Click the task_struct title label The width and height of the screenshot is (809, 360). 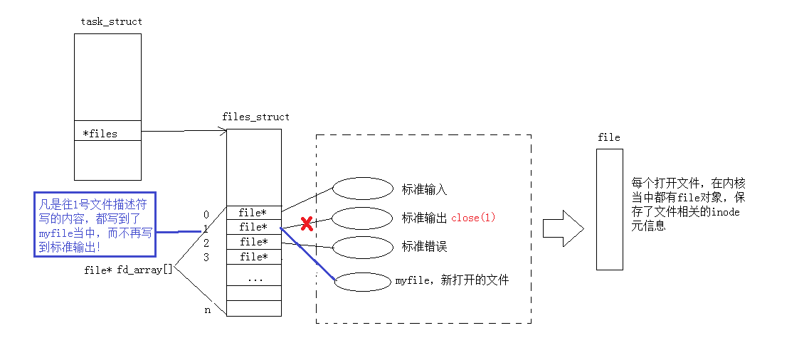(x=111, y=21)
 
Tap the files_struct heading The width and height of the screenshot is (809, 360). (x=255, y=117)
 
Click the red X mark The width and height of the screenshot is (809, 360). (x=307, y=224)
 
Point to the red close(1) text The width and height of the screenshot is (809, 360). (x=473, y=218)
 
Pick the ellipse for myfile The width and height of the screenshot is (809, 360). (x=363, y=282)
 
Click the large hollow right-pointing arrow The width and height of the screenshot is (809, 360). (x=563, y=228)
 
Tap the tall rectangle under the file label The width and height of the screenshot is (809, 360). (x=609, y=209)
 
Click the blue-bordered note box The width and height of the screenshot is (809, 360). (x=95, y=224)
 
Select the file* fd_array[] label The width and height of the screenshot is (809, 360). (x=128, y=270)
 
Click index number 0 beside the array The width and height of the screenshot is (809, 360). (x=206, y=214)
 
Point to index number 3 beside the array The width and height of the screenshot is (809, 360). (x=206, y=257)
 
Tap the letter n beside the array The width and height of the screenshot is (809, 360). (x=207, y=309)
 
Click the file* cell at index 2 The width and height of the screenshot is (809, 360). (x=253, y=242)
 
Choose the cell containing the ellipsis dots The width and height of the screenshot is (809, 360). (x=253, y=279)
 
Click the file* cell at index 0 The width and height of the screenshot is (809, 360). (x=253, y=213)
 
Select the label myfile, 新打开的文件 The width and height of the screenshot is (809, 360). (x=453, y=280)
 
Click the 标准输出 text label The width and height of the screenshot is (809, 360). (x=424, y=218)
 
